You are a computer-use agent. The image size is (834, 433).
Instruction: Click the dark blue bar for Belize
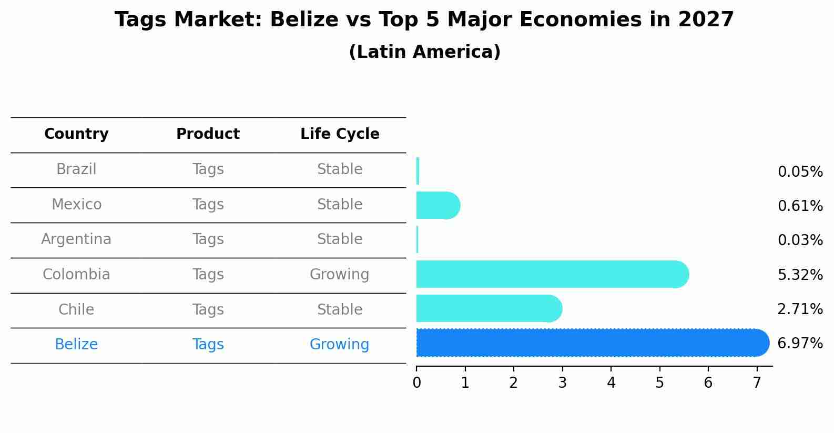pos(589,343)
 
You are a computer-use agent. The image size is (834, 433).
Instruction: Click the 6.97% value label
pos(800,344)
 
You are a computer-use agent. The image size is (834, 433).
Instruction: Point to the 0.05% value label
pos(800,172)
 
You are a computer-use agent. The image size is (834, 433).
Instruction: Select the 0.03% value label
pos(800,240)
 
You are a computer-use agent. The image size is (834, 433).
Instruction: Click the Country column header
pos(76,134)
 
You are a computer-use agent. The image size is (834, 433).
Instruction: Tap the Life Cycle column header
pos(340,134)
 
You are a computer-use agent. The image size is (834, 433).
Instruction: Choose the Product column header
pos(208,134)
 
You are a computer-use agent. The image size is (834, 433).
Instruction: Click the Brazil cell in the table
pos(76,169)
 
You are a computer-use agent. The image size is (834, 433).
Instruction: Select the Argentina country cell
pos(76,239)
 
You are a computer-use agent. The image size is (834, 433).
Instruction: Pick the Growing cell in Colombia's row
pos(340,275)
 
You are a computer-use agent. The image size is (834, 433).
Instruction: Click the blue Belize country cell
pos(76,345)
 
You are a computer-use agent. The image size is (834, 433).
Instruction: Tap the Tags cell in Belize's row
pos(208,345)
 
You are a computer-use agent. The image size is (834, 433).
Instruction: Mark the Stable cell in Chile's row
pos(340,310)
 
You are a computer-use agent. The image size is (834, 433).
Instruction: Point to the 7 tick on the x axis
pos(757,382)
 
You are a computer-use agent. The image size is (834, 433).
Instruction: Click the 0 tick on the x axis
pos(416,382)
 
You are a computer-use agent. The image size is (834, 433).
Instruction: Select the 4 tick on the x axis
pos(611,382)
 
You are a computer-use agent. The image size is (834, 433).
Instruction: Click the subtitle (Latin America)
pos(424,52)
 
